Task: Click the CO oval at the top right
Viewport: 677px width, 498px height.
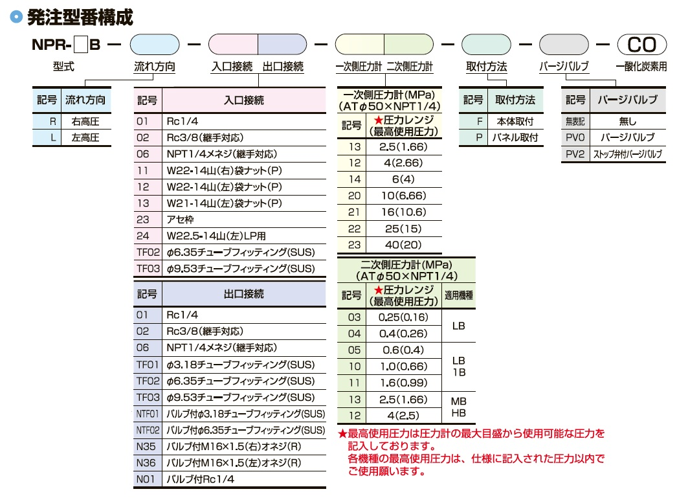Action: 641,45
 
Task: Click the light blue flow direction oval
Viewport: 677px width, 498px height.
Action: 155,45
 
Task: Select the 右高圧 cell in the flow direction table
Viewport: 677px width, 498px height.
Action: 85,122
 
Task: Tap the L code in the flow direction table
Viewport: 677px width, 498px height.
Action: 53,138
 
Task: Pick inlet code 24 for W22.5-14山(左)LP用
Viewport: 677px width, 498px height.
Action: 143,236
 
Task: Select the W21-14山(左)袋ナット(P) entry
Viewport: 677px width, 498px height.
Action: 224,203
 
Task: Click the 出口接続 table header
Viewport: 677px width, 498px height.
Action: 244,294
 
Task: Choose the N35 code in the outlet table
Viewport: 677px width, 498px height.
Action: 146,446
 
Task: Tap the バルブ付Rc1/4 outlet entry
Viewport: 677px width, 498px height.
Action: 201,479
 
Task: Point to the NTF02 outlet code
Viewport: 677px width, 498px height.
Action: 148,430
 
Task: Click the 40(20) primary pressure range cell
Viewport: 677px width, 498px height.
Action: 403,245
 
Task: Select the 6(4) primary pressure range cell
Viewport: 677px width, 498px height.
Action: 403,179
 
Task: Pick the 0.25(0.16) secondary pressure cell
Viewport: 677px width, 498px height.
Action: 403,317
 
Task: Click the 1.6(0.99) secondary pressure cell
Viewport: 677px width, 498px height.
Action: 403,383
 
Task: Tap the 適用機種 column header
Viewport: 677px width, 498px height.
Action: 458,295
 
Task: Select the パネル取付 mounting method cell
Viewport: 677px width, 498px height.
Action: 515,138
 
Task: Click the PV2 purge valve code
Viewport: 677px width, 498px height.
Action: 575,154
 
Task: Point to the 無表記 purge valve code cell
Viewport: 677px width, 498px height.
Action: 575,122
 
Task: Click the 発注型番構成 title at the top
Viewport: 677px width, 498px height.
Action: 80,17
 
